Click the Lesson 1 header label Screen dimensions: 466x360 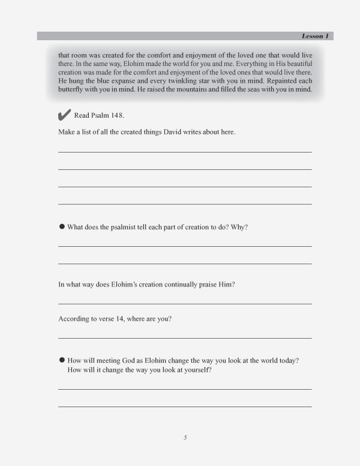(315, 36)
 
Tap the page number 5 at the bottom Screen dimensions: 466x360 (185, 437)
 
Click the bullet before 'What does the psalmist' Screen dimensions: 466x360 (62, 226)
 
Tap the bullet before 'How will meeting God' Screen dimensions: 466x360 (62, 360)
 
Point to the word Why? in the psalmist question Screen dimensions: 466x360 (239, 227)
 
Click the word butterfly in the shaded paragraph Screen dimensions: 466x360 (71, 89)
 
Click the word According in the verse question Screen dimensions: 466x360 (73, 319)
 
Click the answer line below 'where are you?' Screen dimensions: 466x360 (185, 338)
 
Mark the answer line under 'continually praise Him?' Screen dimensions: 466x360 (185, 304)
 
